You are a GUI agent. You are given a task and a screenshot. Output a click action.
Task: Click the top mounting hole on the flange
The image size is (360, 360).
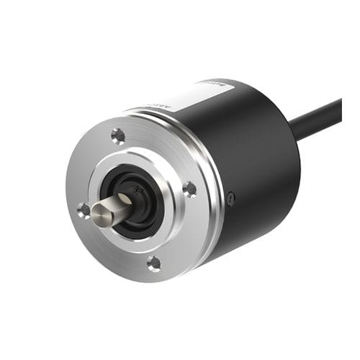118,135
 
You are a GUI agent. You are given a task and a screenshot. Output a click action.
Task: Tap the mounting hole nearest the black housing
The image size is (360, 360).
189,189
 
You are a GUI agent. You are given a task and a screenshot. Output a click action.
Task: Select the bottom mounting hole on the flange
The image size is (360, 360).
153,264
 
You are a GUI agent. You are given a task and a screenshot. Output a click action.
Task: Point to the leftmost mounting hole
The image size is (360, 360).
84,210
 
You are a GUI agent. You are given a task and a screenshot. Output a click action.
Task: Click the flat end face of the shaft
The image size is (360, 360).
100,214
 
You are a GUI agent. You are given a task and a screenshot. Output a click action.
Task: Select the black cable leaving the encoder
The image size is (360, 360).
317,120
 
